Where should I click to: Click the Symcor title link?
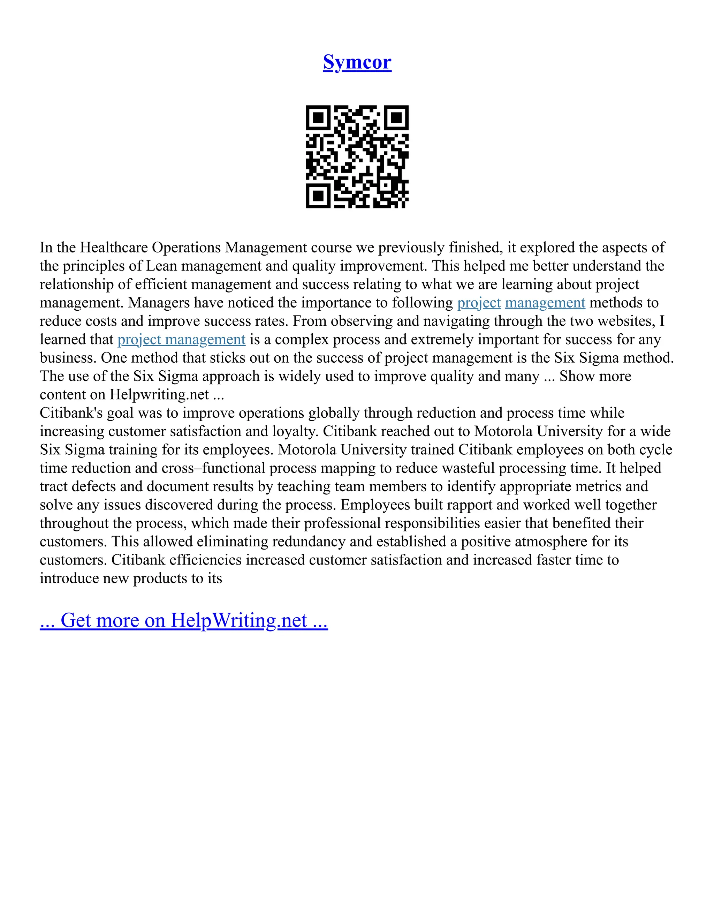(357, 62)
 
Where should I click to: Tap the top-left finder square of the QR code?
(318, 117)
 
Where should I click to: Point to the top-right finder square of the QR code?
(396, 117)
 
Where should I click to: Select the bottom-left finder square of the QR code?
(318, 196)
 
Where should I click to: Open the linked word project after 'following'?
(479, 303)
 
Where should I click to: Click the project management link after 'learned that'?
(181, 340)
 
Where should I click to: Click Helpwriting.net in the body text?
(159, 395)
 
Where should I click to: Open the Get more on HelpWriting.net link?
(184, 621)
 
